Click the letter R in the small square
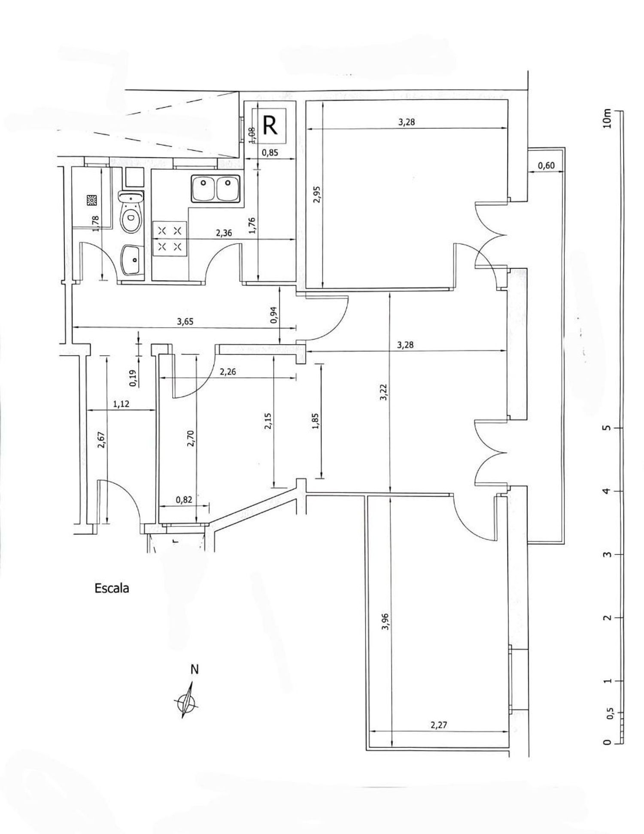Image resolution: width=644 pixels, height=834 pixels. tap(270, 125)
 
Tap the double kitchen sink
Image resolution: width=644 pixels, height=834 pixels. tap(216, 188)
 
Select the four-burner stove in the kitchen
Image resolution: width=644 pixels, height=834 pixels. tap(170, 239)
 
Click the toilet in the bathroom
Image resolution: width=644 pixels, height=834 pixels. tap(131, 213)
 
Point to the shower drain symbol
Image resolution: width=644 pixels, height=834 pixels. tap(92, 200)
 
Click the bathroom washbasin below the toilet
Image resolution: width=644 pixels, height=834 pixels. tap(133, 260)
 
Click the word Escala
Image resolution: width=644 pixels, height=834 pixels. tap(112, 588)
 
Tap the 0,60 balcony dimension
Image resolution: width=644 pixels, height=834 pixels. tap(546, 166)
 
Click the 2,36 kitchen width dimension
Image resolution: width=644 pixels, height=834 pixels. tap(224, 234)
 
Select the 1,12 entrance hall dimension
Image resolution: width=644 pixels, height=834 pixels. tap(122, 403)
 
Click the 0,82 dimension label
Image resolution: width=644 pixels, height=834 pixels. tap(184, 499)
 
